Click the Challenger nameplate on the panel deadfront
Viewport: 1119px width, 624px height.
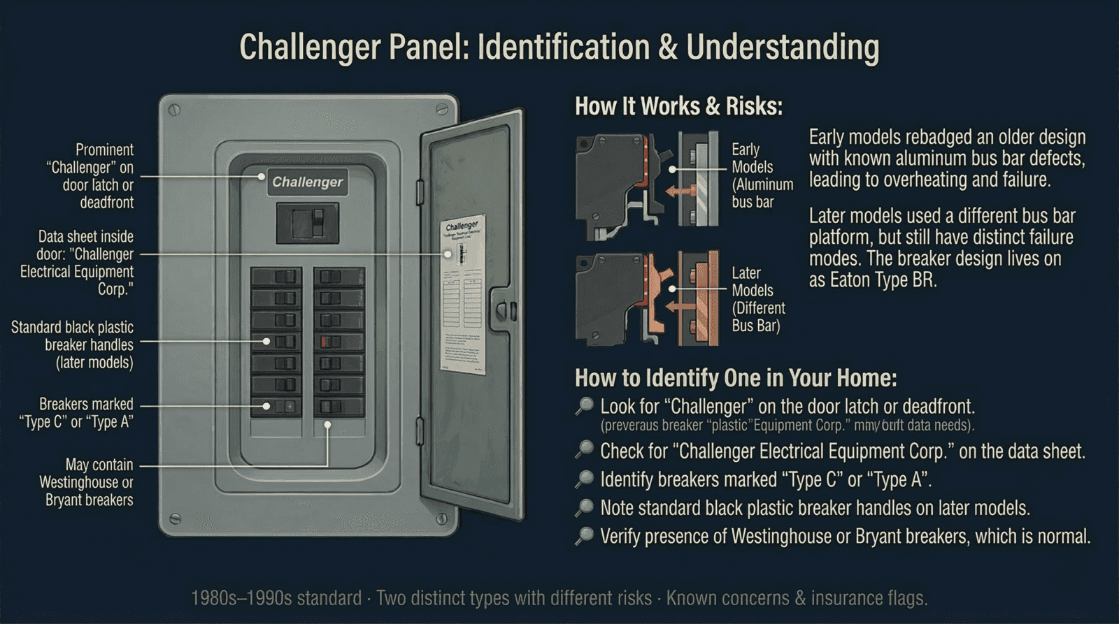[x=307, y=182]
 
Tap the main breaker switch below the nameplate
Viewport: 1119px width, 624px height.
[x=308, y=223]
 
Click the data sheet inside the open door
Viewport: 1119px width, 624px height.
[x=463, y=297]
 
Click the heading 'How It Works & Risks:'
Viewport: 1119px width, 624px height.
[x=678, y=106]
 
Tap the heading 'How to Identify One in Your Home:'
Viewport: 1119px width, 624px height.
[x=735, y=378]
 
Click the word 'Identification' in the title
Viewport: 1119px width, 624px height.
[x=564, y=48]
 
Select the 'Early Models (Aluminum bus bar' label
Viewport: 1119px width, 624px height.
[x=762, y=175]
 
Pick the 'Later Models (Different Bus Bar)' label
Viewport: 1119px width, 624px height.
[x=758, y=299]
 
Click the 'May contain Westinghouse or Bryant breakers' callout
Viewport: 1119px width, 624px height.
[x=87, y=482]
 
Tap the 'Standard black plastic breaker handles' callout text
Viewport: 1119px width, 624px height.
[x=73, y=344]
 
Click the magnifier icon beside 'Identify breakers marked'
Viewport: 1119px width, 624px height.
[x=584, y=479]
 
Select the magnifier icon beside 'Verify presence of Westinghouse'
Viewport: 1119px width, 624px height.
[x=584, y=536]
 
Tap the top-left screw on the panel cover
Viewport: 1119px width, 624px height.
[x=175, y=110]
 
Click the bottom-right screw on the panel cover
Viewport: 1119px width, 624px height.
[x=441, y=519]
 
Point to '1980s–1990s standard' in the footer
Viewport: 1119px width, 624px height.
[x=276, y=598]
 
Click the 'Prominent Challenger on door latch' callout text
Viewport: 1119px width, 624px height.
[x=92, y=176]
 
